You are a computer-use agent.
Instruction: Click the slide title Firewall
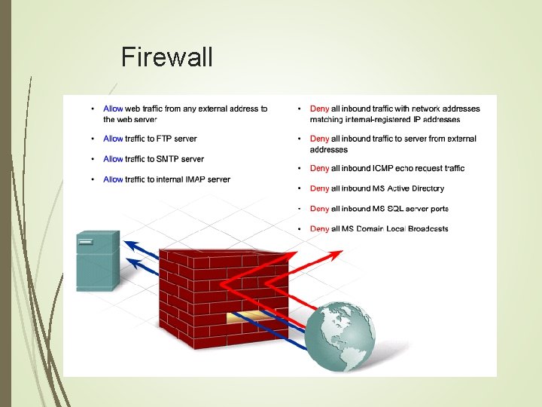tap(166, 57)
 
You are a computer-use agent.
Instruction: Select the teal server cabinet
tap(97, 260)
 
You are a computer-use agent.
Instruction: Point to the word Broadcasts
tap(428, 229)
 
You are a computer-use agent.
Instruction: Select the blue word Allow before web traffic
tap(113, 109)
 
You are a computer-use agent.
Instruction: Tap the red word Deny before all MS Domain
tap(319, 229)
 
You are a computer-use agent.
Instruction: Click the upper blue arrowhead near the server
tap(130, 244)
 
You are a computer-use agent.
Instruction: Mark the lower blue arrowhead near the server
tap(130, 263)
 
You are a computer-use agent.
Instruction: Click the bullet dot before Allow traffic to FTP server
tap(91, 139)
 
